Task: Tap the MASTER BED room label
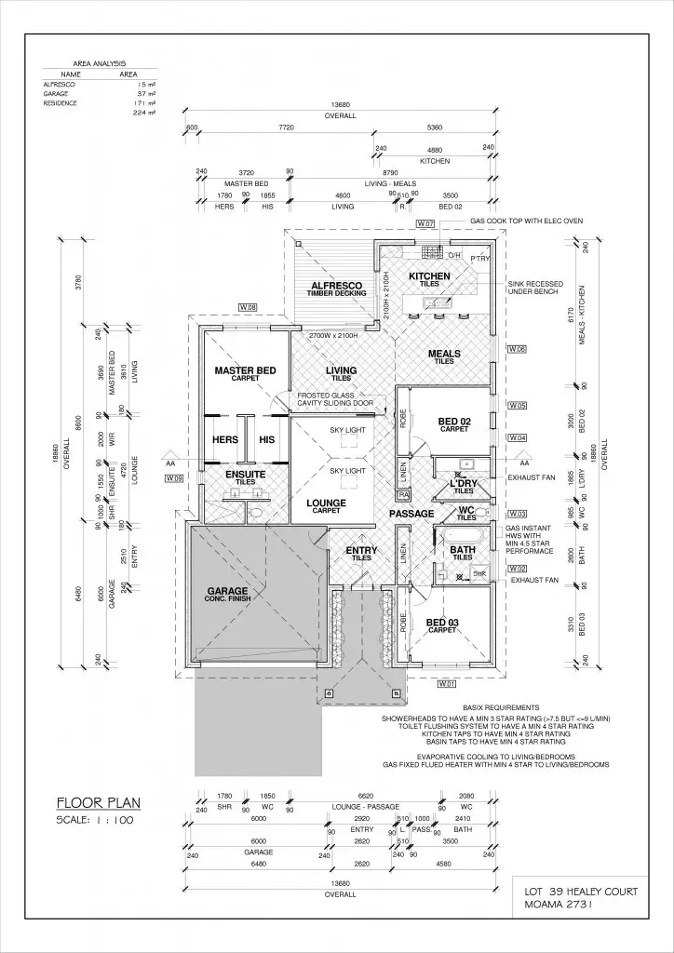click(x=245, y=370)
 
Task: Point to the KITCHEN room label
click(x=429, y=276)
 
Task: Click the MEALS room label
click(x=444, y=354)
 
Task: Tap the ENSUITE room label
click(x=246, y=474)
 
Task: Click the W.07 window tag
click(x=426, y=224)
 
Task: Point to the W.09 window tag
click(x=173, y=477)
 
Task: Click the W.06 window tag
click(x=518, y=349)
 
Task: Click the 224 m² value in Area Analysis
click(x=142, y=113)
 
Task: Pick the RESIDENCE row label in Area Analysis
click(x=61, y=103)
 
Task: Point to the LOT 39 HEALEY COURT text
click(x=581, y=891)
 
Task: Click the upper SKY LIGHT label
click(x=347, y=431)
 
